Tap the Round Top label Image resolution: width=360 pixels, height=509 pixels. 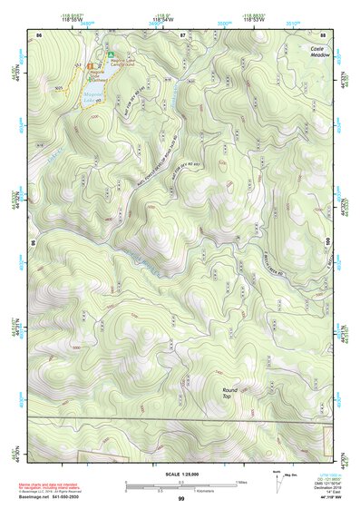click(x=230, y=393)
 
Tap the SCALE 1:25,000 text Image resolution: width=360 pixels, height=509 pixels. click(x=180, y=475)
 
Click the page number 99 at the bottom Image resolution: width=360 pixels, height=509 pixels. click(x=180, y=499)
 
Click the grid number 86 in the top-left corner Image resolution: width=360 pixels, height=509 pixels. click(x=38, y=34)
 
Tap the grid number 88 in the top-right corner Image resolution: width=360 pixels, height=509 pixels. click(x=323, y=34)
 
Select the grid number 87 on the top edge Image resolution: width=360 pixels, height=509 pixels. click(x=182, y=34)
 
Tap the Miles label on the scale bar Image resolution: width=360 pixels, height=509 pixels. click(x=242, y=482)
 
